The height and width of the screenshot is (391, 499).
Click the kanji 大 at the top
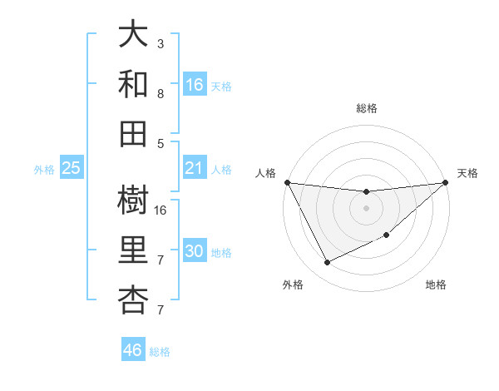(x=134, y=36)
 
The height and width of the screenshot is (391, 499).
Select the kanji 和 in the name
(x=134, y=85)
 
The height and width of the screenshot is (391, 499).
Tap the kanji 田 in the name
(x=134, y=132)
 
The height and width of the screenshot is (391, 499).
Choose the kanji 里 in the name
(x=134, y=251)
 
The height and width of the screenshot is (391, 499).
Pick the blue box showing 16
(x=195, y=85)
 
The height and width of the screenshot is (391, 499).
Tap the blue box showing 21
(x=195, y=169)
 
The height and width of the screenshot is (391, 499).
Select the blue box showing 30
(x=195, y=252)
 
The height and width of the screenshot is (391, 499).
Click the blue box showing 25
(x=72, y=169)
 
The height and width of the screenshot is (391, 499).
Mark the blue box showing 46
(x=133, y=350)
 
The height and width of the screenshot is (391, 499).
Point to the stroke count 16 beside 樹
(x=161, y=210)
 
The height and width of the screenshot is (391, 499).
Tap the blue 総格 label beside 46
(x=161, y=352)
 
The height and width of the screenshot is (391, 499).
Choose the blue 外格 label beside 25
(x=44, y=170)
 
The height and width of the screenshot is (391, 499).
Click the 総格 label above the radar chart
(x=367, y=108)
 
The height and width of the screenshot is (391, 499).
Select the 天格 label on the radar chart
(x=467, y=173)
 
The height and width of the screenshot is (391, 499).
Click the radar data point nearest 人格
(x=288, y=182)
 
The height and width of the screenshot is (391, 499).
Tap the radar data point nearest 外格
(x=327, y=263)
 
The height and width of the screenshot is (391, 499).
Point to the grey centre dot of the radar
(x=367, y=208)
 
